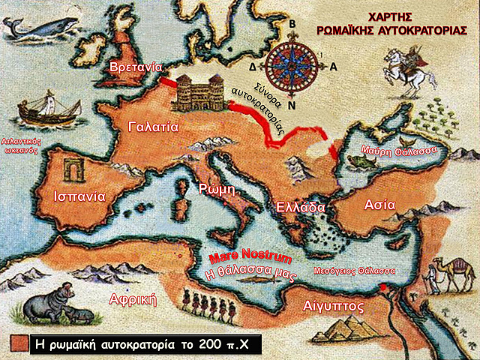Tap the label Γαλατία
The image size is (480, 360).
pos(153,125)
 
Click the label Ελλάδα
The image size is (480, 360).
pos(300,207)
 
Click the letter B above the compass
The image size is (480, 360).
pos(292,23)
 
